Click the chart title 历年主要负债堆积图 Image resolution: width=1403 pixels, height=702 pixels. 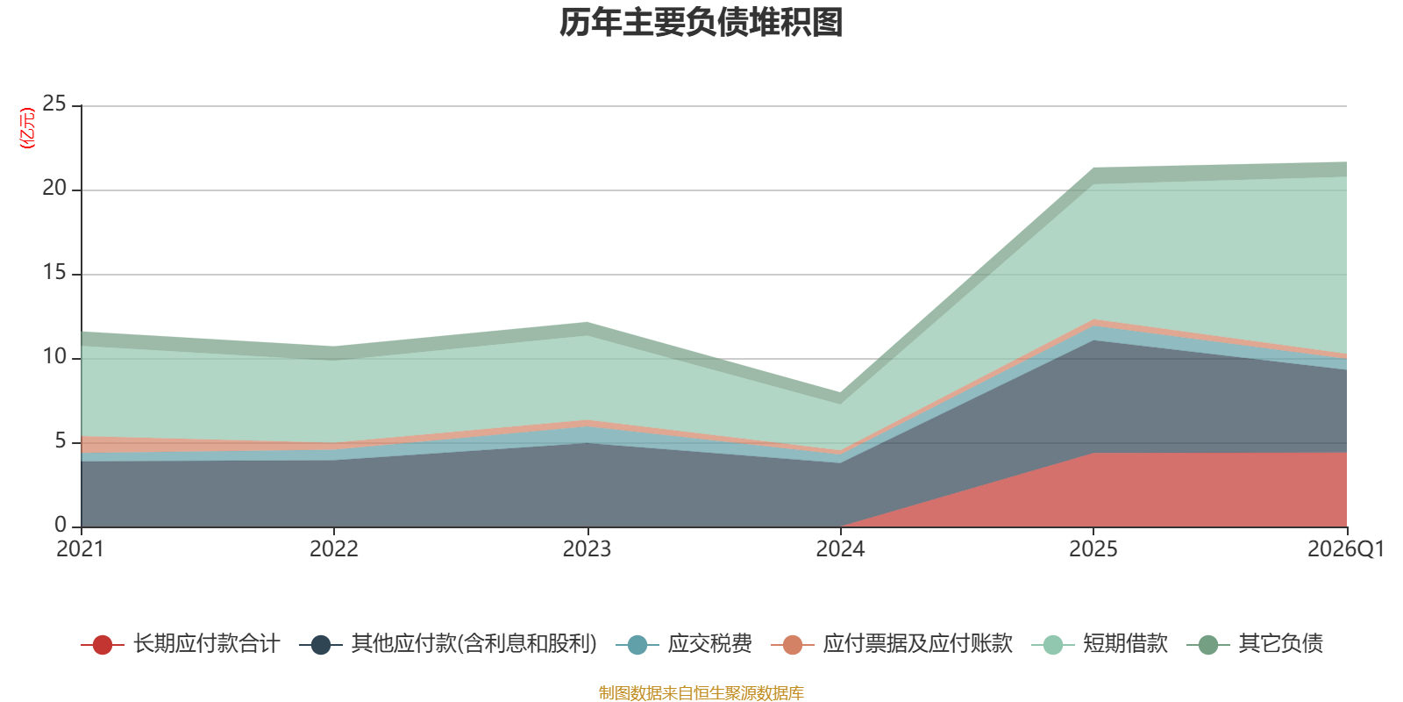pyautogui.click(x=701, y=23)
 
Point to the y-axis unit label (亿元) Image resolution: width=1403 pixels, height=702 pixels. pyautogui.click(x=27, y=128)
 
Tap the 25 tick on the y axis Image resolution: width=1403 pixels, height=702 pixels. pyautogui.click(x=53, y=104)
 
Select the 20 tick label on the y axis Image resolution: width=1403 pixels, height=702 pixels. pyautogui.click(x=53, y=188)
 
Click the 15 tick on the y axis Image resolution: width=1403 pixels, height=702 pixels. pyautogui.click(x=53, y=272)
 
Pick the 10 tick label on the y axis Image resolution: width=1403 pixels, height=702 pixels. pyautogui.click(x=53, y=356)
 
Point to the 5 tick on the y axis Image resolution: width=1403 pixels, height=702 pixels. pyautogui.click(x=61, y=441)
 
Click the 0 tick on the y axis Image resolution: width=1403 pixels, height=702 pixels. pyautogui.click(x=61, y=525)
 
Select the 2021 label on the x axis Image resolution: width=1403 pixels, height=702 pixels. pyautogui.click(x=80, y=549)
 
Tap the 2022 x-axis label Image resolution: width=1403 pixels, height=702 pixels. pyautogui.click(x=334, y=549)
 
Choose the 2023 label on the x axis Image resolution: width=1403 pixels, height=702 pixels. pyautogui.click(x=587, y=549)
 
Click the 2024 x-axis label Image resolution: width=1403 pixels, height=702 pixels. pyautogui.click(x=840, y=549)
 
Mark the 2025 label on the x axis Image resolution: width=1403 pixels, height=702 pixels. pyautogui.click(x=1093, y=549)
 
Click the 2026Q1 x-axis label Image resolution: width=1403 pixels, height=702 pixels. pyautogui.click(x=1346, y=549)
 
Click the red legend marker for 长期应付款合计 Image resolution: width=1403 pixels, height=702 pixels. pyautogui.click(x=102, y=644)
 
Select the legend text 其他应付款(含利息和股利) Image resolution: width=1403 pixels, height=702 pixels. pyautogui.click(x=474, y=644)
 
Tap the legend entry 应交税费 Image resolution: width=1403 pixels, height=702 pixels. pyautogui.click(x=683, y=644)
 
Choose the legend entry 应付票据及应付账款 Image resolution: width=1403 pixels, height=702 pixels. pyautogui.click(x=891, y=644)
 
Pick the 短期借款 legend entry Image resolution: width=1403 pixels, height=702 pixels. pyautogui.click(x=1100, y=644)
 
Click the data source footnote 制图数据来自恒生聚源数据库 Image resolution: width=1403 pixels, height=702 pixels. pyautogui.click(x=701, y=692)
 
